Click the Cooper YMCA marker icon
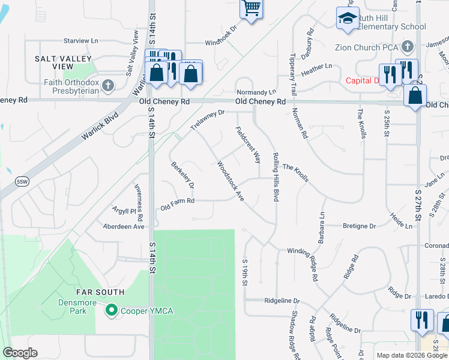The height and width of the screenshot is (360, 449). (x=110, y=310)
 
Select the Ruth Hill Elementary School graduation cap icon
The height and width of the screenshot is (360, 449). (x=347, y=19)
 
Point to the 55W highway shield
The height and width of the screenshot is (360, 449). (x=22, y=181)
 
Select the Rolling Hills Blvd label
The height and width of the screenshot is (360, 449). (x=276, y=177)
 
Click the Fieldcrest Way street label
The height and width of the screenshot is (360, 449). (x=248, y=145)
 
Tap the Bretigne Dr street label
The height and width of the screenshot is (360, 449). (x=359, y=226)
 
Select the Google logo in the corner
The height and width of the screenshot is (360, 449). (x=20, y=353)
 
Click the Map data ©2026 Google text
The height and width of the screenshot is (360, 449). (x=411, y=355)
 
